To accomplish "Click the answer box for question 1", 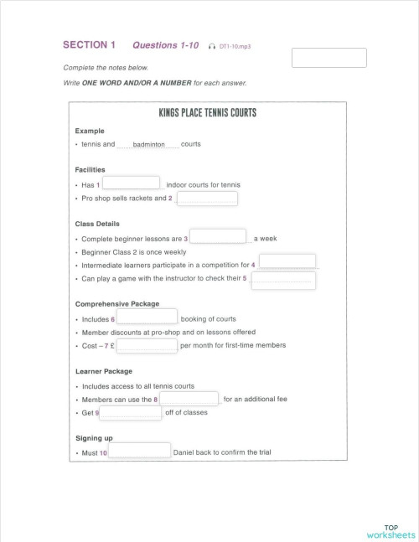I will pyautogui.click(x=131, y=183).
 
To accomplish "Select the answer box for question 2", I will pyautogui.click(x=207, y=198).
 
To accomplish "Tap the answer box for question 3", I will pyautogui.click(x=218, y=236).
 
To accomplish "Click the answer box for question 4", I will pyautogui.click(x=287, y=261).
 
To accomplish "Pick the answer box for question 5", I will pyautogui.click(x=283, y=279).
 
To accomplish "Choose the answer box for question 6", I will pyautogui.click(x=147, y=317).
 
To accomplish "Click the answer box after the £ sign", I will pyautogui.click(x=147, y=343).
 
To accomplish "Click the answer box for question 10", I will pyautogui.click(x=139, y=451).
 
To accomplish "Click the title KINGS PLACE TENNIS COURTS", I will pyautogui.click(x=207, y=113).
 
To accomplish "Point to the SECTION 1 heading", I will pyautogui.click(x=90, y=44).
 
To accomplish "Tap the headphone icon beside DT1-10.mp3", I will pyautogui.click(x=213, y=47).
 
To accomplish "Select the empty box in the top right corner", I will pyautogui.click(x=328, y=58).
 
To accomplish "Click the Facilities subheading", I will pyautogui.click(x=90, y=169).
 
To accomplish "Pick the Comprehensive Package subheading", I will pyautogui.click(x=116, y=304).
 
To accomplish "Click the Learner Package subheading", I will pyautogui.click(x=103, y=371).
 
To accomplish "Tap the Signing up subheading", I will pyautogui.click(x=94, y=437).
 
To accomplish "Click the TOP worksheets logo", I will pyautogui.click(x=390, y=531).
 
